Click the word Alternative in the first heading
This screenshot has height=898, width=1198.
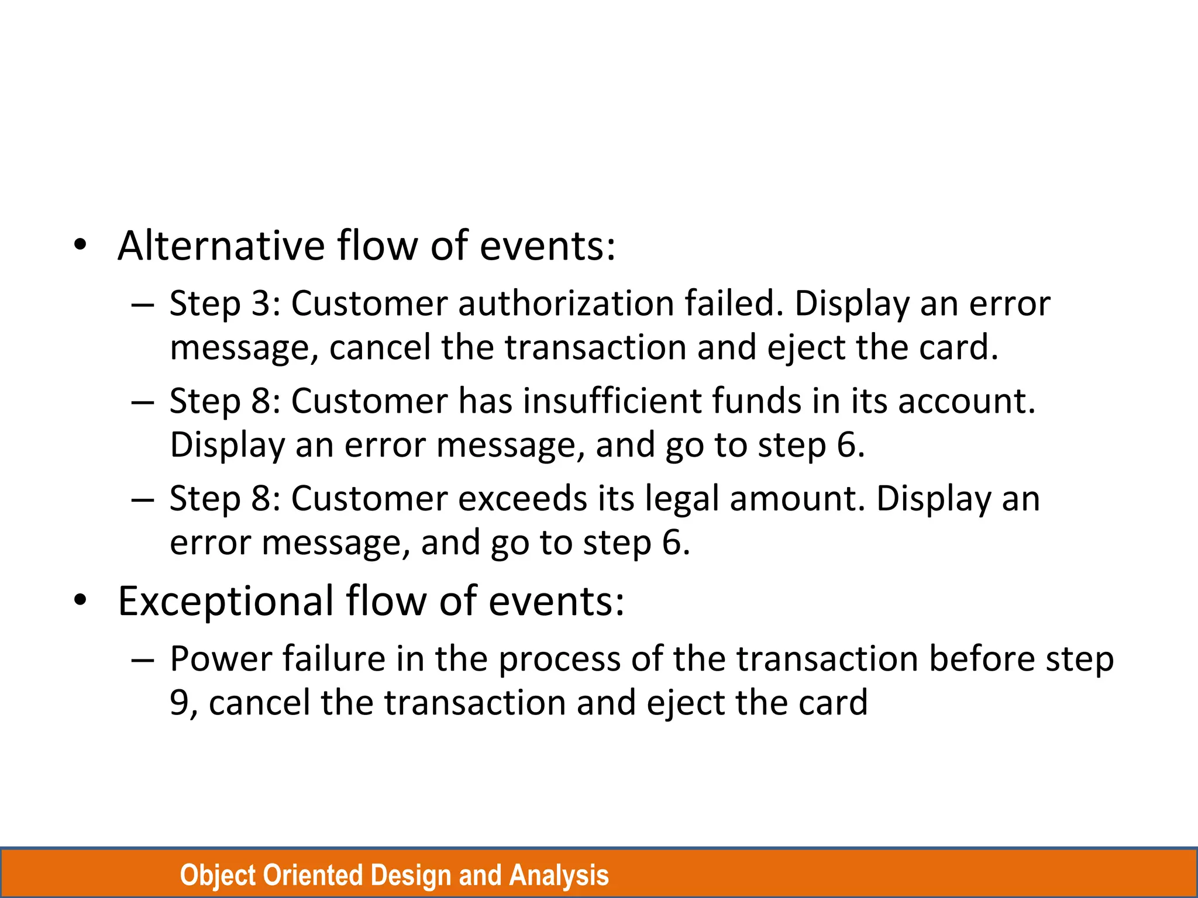pos(221,246)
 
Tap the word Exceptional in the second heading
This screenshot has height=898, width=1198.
pos(226,601)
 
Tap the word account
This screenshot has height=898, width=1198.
pos(966,402)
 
